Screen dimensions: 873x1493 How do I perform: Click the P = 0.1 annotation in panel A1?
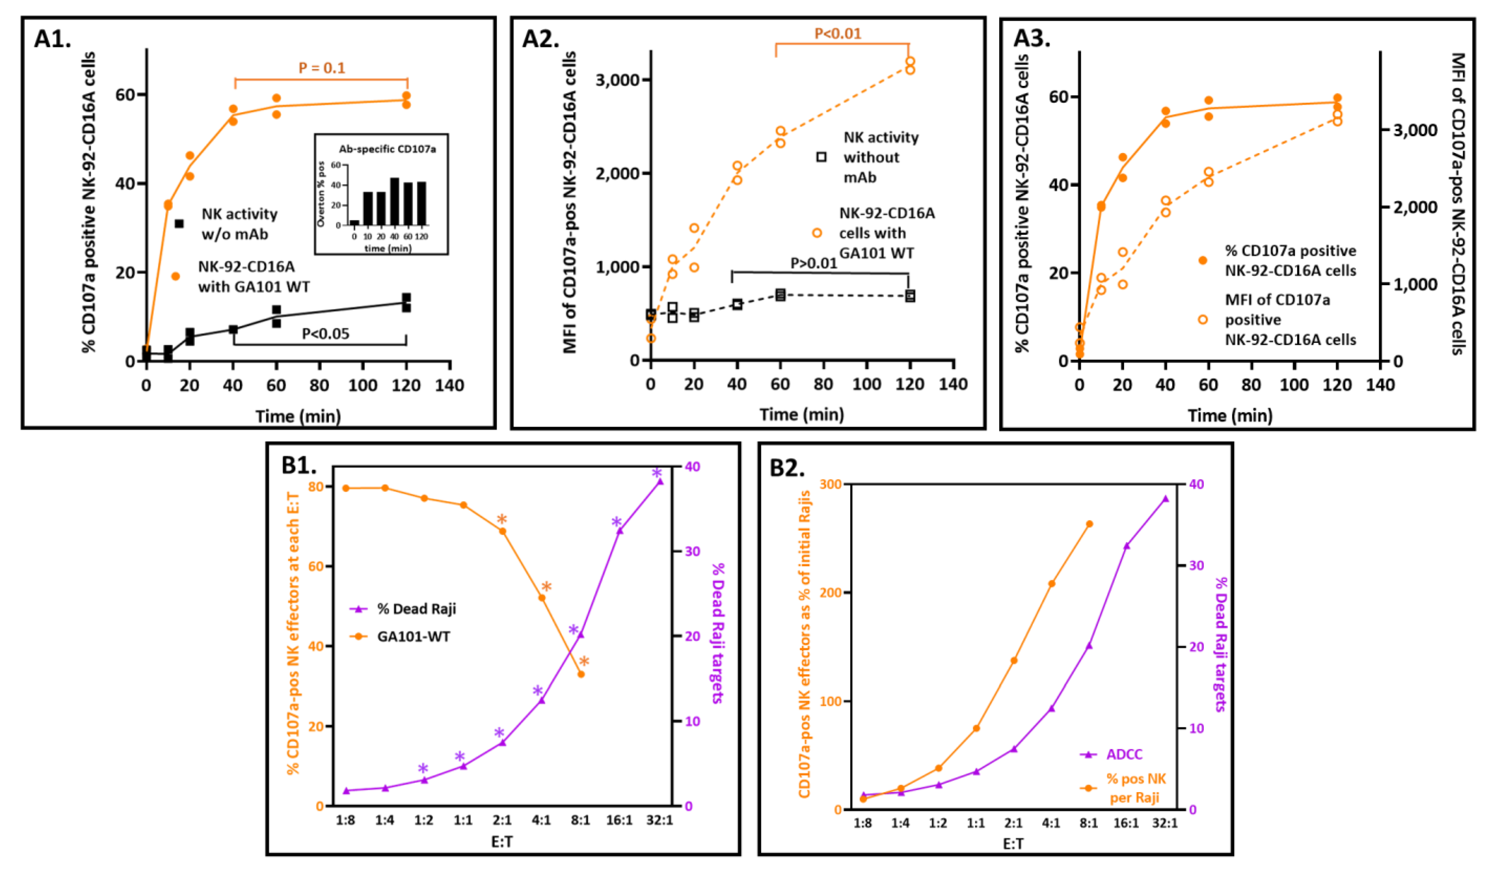pos(322,68)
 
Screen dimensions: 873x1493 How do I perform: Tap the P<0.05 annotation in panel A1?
pos(325,334)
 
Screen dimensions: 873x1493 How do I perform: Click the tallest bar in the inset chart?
pos(394,201)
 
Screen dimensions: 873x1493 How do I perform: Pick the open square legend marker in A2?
pos(821,157)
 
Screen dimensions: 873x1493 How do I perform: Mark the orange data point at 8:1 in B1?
pos(581,674)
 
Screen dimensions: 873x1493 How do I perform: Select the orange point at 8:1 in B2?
pos(1089,524)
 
